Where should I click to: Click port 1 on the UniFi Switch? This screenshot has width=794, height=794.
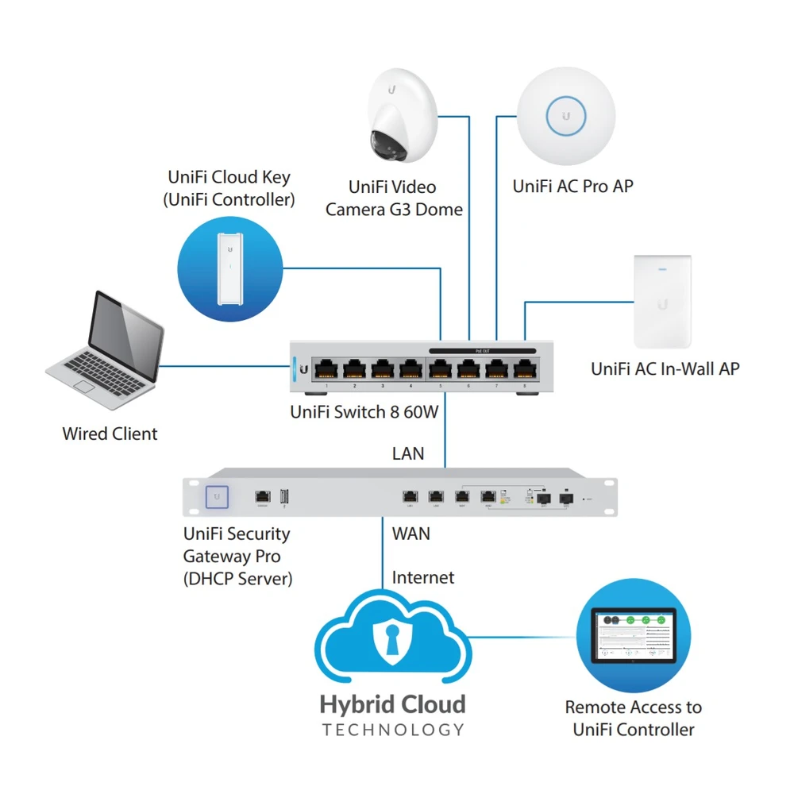tap(327, 368)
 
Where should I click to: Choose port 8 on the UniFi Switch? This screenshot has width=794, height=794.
tap(523, 368)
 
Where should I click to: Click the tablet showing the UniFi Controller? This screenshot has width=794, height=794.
tap(633, 636)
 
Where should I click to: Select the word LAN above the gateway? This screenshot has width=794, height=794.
tap(408, 454)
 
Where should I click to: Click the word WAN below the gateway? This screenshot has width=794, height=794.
tap(411, 534)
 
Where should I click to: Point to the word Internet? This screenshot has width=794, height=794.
tap(423, 577)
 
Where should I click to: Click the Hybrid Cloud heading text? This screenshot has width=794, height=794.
tap(392, 704)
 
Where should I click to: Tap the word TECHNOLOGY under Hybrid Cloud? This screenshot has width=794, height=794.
tap(392, 730)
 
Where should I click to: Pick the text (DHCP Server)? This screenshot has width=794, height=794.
tap(237, 579)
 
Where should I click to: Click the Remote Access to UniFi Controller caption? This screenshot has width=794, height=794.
tap(633, 718)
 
